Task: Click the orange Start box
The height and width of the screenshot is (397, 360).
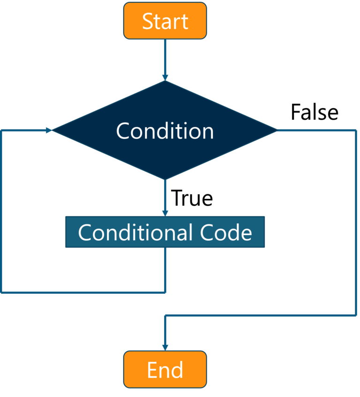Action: tap(165, 21)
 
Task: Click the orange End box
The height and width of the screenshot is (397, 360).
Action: tap(165, 369)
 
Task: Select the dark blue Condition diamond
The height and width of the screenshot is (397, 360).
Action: tap(165, 130)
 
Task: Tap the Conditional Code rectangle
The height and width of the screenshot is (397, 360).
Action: tap(165, 232)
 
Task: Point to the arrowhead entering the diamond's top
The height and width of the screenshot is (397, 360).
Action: tap(165, 76)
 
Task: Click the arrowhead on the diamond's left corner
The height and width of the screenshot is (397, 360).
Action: tap(49, 130)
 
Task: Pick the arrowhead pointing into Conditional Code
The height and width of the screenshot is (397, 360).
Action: tap(165, 212)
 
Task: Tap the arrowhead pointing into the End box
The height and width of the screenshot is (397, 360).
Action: tap(165, 346)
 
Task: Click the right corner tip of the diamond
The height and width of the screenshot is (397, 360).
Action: tap(277, 130)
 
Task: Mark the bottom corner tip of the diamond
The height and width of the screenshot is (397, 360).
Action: tap(165, 179)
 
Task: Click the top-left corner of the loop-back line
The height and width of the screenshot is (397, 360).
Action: tap(2, 130)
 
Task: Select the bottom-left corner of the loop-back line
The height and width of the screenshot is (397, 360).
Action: tap(2, 292)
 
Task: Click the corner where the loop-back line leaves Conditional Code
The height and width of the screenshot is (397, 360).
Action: tap(165, 292)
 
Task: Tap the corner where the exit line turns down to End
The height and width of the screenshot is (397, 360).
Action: tap(165, 315)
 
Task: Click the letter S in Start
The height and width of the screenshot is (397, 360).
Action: tap(148, 22)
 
